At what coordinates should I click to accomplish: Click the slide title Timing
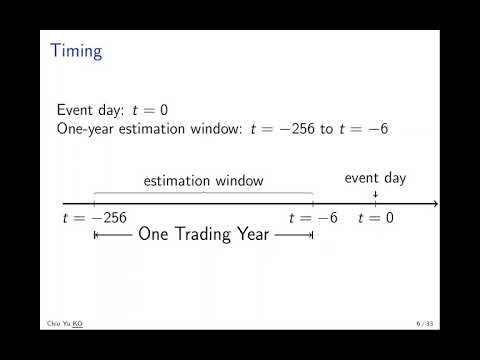coord(76,51)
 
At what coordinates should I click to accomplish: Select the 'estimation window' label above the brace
coord(203,181)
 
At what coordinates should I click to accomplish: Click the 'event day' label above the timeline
coord(375,178)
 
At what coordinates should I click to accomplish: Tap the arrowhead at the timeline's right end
coord(435,204)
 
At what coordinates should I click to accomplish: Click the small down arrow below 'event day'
coord(375,195)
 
